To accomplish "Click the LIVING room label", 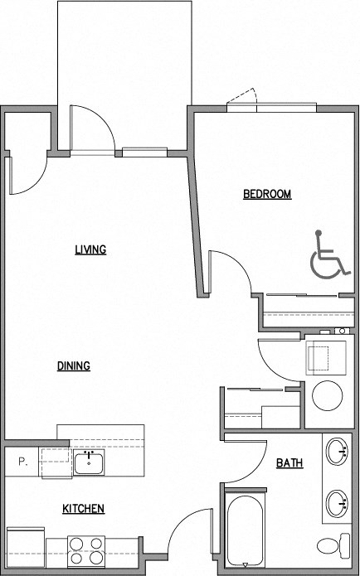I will (x=90, y=249).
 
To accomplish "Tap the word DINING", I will (x=74, y=366).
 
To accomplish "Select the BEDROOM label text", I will (x=266, y=195).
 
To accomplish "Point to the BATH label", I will (x=289, y=463).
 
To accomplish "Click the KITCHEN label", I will (x=84, y=509).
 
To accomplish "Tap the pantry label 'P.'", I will (x=23, y=462).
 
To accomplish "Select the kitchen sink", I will (x=88, y=463).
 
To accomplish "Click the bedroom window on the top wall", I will (x=272, y=107).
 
